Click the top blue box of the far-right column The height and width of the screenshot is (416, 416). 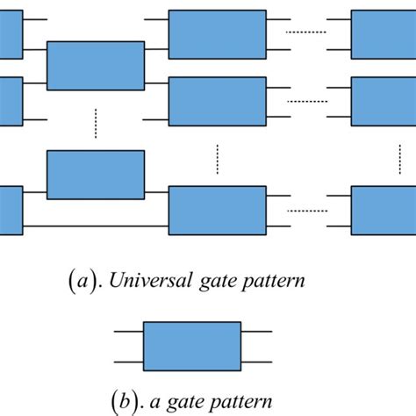[x=384, y=33]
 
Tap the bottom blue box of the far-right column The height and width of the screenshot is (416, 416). [x=384, y=210]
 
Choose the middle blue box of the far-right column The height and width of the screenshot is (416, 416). [x=384, y=101]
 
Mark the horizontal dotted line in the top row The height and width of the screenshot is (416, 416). [x=307, y=32]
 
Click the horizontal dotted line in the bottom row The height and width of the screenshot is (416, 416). [x=307, y=210]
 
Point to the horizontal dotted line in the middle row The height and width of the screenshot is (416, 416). [x=307, y=101]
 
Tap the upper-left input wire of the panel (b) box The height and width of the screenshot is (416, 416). [x=128, y=331]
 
